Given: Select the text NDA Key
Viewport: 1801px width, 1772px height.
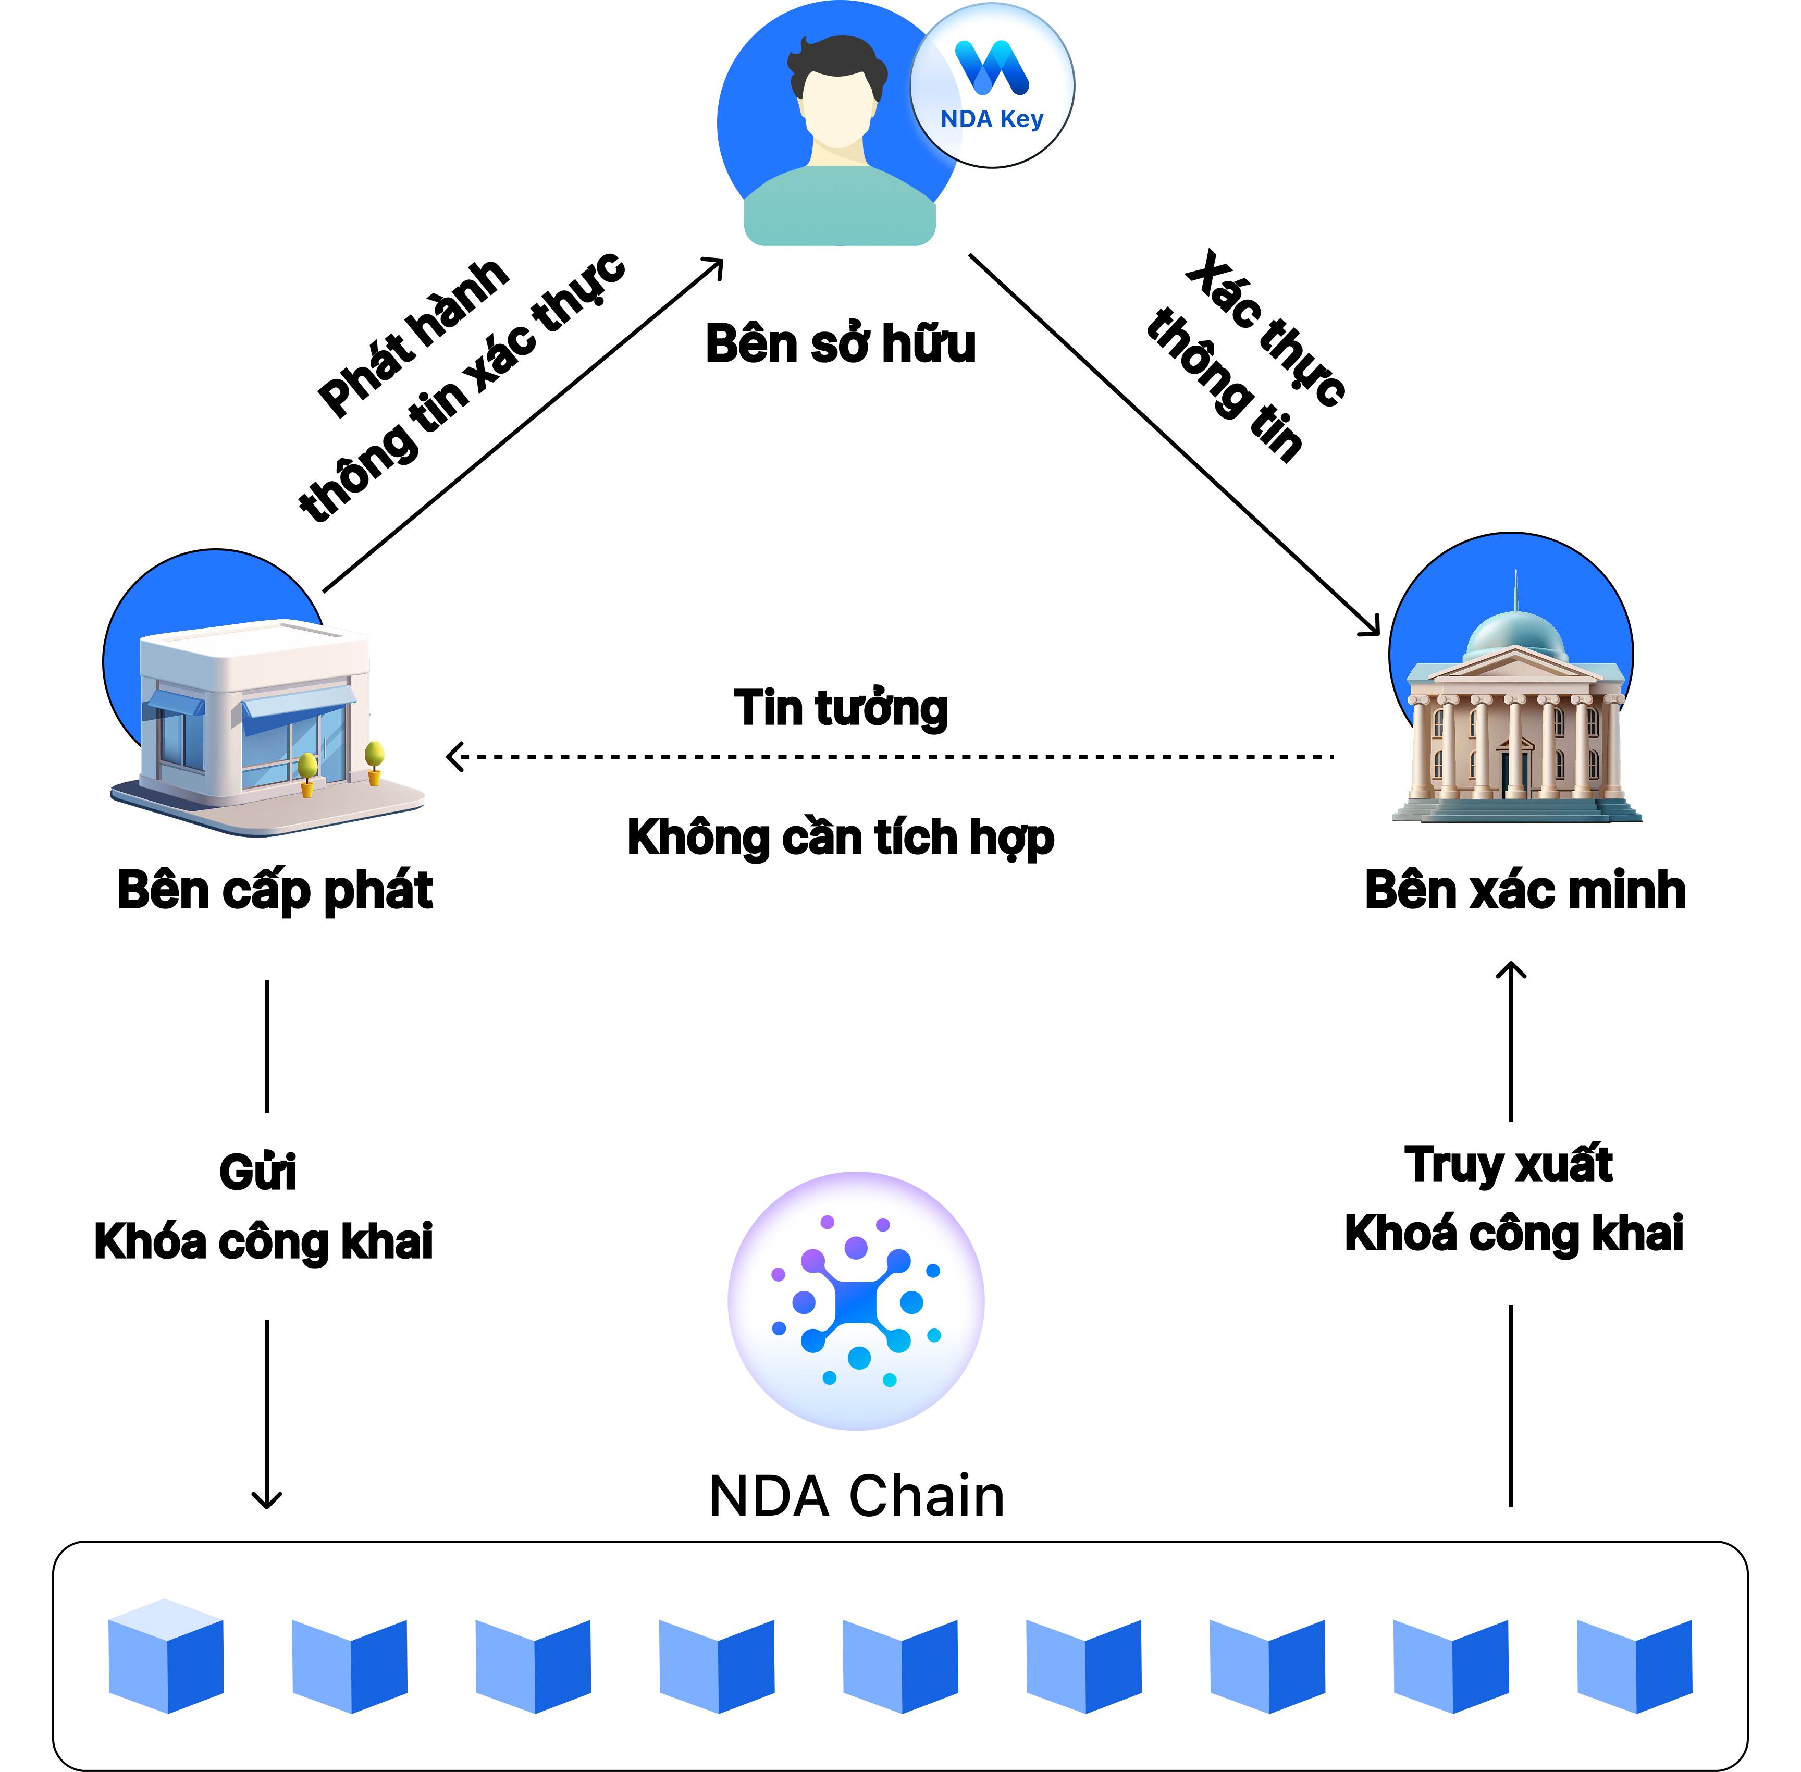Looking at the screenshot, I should pyautogui.click(x=992, y=119).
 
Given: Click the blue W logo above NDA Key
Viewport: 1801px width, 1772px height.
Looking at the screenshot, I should pyautogui.click(x=992, y=68).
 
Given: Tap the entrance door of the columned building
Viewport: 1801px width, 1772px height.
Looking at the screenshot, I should pyautogui.click(x=1514, y=772).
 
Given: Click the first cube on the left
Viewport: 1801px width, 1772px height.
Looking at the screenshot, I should pyautogui.click(x=166, y=1657).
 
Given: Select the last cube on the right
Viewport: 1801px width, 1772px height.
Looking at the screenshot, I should pyautogui.click(x=1634, y=1657).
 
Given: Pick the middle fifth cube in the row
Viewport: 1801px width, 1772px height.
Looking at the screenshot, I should pyautogui.click(x=900, y=1657).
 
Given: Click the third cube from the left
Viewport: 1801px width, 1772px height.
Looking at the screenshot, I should pyautogui.click(x=533, y=1657).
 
